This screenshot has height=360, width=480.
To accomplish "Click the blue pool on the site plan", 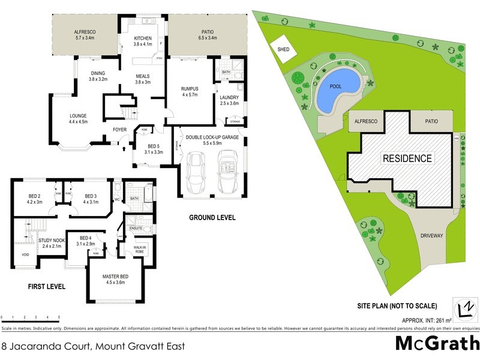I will [x=336, y=92].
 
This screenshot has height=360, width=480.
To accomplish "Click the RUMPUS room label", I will [x=190, y=89].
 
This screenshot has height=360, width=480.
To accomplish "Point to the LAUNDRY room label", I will [x=229, y=97].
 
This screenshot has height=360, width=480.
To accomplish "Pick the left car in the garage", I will [x=196, y=170].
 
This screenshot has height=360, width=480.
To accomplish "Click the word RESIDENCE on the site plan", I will [x=407, y=158].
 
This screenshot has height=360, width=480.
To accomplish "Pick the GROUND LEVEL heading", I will [x=212, y=217].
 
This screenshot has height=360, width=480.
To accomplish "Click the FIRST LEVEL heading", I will [x=47, y=287].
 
